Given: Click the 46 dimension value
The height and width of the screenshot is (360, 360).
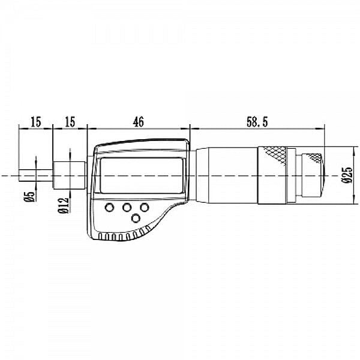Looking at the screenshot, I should pos(139,121).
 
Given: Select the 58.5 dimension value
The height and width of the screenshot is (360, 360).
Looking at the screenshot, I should pos(256,121).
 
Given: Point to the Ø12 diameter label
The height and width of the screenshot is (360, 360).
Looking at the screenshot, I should pos(62,205).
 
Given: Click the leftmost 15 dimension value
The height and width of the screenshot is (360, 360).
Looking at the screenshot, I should pos(35,121).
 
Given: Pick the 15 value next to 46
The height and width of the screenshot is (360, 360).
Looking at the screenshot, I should pos(70,121).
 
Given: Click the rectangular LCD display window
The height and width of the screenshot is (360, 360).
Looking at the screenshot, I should pos(140,175).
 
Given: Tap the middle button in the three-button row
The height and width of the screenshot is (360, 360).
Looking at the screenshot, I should pos(127,208).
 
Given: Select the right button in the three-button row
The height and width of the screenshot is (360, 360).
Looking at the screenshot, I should pos(145,208).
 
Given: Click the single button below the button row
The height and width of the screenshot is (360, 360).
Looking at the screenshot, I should pos(136,220).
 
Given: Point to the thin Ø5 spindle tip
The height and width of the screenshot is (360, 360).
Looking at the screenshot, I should pos(27,174).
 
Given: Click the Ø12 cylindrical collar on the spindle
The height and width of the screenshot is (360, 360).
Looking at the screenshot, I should pos(70,174).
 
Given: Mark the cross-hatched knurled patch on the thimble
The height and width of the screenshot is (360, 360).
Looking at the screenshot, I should pos(277,155).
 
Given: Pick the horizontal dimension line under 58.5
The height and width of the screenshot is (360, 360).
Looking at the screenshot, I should pos(256,128).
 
